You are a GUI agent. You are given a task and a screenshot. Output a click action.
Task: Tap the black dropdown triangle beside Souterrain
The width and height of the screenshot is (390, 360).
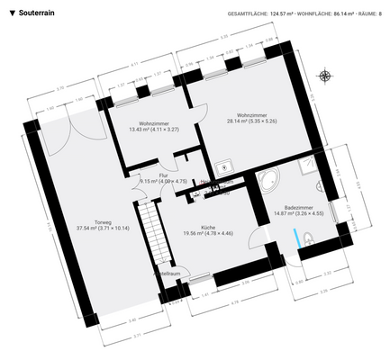pos(12,13)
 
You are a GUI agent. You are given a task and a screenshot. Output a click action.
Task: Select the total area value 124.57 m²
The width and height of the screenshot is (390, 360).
pos(288,14)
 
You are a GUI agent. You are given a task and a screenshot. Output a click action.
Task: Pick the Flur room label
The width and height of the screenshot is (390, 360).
pos(163,178)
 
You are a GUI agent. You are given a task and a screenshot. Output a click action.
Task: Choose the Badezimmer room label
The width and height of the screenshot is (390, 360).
pos(293,210)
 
